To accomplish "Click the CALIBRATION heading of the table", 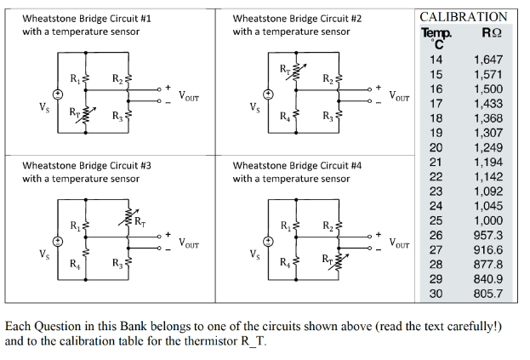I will coord(464,16).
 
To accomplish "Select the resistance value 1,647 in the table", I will coord(487,60).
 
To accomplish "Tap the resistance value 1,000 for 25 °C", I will coord(487,220).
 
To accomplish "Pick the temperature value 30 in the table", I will coord(436,294).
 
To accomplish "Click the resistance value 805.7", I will coord(487,294).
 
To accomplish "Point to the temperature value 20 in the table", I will coord(436,147).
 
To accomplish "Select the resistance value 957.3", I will coord(487,235).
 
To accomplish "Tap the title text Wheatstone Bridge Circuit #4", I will coord(297,165).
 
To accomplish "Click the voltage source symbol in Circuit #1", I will coord(58,94).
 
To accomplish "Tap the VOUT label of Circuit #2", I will coord(401,96).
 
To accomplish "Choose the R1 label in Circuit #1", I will coord(74,79).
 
